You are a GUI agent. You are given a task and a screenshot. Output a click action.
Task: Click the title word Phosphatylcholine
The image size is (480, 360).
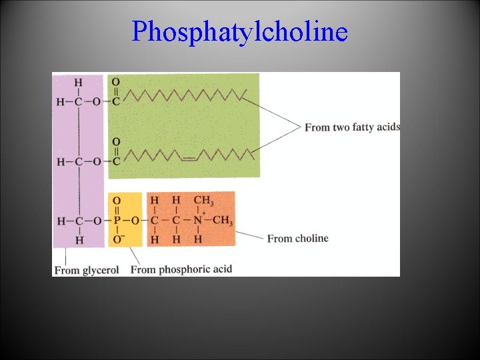coord(239,31)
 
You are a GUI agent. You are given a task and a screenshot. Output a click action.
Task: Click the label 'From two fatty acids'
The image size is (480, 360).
coord(352,127)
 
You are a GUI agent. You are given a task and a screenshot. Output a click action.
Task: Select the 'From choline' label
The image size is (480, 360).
coord(297,238)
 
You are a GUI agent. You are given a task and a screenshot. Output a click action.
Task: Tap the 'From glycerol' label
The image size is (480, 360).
coord(86,270)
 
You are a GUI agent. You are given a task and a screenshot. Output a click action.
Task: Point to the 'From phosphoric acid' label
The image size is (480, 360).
coord(181,269)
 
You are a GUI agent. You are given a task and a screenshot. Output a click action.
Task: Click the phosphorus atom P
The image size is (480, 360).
coord(117,221)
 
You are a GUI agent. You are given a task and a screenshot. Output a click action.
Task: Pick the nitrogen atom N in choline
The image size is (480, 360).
coord(197,221)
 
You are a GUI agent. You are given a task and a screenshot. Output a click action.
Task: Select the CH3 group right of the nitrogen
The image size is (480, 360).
coord(223,221)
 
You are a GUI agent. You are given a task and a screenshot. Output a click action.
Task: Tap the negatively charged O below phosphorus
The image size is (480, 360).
coord(117,239)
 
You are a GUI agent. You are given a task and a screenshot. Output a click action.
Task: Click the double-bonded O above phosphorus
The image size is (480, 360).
coord(117,200)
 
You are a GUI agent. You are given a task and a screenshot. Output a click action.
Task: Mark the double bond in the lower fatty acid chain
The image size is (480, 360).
coord(189,159)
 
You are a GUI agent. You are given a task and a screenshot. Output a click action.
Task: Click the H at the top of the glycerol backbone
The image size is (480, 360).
coord(78,83)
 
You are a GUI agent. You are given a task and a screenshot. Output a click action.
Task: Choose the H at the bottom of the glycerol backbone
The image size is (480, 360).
coord(78,239)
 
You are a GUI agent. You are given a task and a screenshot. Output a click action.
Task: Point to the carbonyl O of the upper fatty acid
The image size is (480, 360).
coord(116,82)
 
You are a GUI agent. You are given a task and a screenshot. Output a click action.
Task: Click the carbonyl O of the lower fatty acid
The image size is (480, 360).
coord(116,142)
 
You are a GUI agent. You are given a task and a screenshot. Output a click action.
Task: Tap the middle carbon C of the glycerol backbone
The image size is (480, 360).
coord(78,161)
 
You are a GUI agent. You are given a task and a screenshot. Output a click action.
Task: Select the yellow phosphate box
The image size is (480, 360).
coord(125,220)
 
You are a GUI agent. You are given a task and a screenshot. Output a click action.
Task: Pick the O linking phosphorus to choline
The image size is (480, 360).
coord(135,221)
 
